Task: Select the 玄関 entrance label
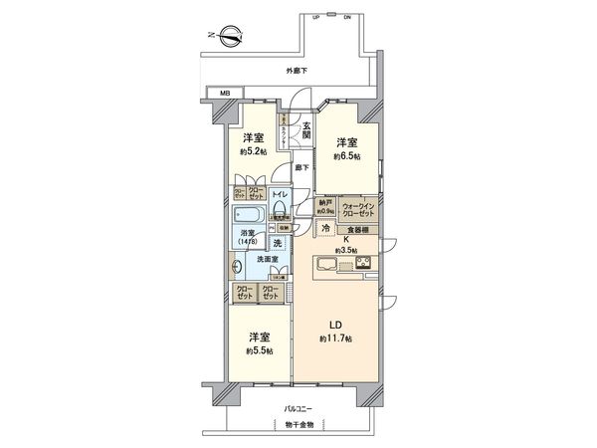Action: click(306, 130)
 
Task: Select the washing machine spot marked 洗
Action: click(278, 243)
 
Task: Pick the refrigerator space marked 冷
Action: click(325, 228)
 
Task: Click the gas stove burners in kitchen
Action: click(362, 263)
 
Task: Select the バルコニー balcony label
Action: click(298, 409)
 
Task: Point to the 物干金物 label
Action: click(298, 425)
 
